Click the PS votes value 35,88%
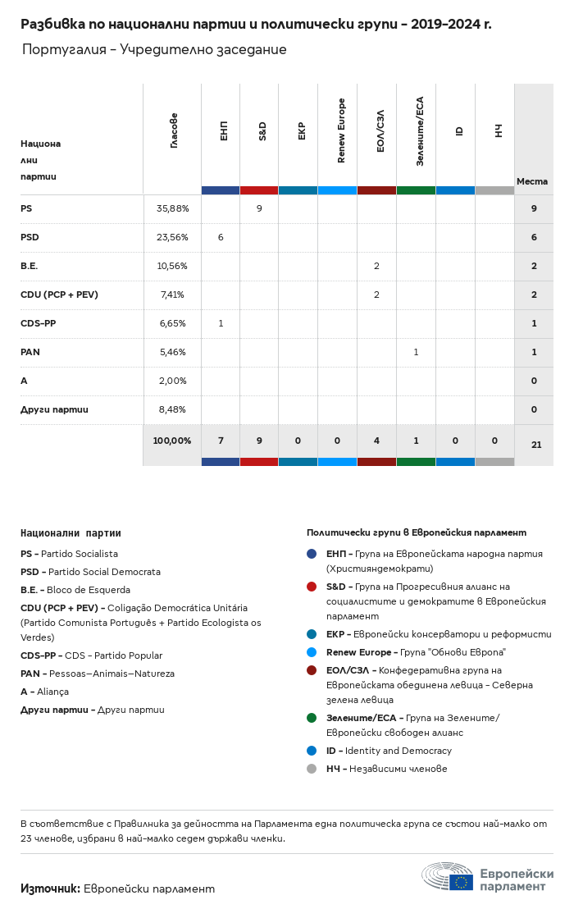coord(172,208)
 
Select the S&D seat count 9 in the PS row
coord(259,208)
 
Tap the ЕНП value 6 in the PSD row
coord(221,237)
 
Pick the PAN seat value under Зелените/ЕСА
coord(416,352)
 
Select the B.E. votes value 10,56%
coord(172,266)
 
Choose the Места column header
coord(532,181)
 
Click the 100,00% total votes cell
coord(172,441)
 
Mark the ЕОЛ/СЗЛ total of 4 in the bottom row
coord(376,441)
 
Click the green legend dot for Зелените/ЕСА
coord(312,718)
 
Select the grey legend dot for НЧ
coord(312,769)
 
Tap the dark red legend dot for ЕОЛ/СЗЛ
coord(312,670)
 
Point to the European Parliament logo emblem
coord(448,877)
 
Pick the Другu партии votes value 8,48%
coord(172,409)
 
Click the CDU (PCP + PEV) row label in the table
coord(59,295)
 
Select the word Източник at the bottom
coord(49,888)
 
